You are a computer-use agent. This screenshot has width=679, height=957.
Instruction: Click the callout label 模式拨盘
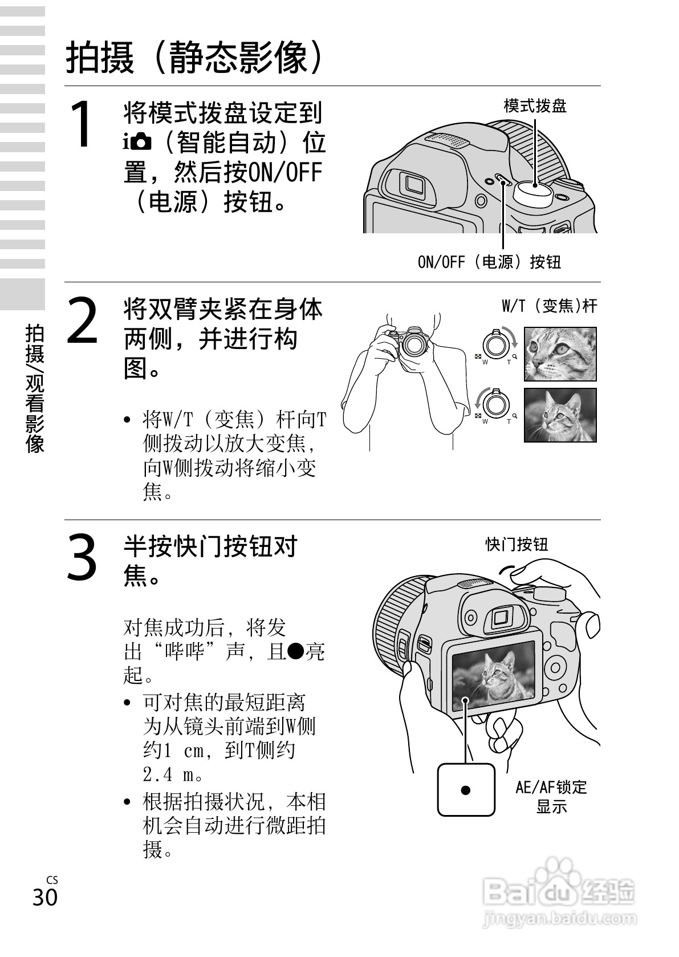pos(535,106)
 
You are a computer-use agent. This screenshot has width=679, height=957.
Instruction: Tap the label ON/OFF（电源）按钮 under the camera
pos(489,262)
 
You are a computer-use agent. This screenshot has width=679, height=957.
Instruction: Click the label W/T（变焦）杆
pos(549,306)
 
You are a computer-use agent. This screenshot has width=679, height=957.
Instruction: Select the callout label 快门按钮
pos(517,545)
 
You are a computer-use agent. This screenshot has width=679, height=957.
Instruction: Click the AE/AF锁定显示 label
pos(551,797)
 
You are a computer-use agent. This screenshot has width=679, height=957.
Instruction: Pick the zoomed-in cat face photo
pos(560,354)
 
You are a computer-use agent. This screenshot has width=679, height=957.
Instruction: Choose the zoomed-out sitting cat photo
pos(560,415)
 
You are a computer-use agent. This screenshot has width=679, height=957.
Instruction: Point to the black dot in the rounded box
pos(466,790)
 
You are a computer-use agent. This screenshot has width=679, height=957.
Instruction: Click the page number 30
pos(45,897)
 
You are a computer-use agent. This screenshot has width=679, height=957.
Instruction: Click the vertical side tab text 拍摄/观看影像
pos(35,388)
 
